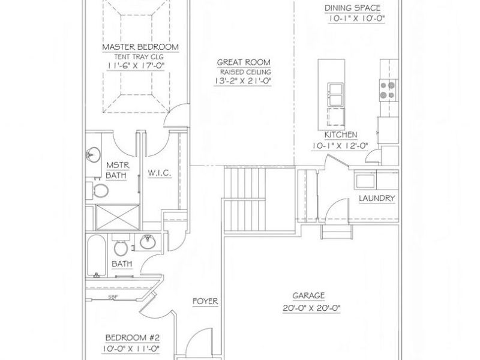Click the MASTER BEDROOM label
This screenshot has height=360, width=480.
[x=140, y=47]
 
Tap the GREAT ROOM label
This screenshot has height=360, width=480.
[x=244, y=62]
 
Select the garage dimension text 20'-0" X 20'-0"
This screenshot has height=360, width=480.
[x=311, y=308]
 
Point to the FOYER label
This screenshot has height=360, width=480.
[x=205, y=301]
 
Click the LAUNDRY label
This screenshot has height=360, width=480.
[x=377, y=199]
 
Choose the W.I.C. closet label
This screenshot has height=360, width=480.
[x=160, y=173]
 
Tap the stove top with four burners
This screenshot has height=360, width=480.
[x=387, y=90]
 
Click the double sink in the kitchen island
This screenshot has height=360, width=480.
[x=335, y=94]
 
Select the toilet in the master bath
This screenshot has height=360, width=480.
[x=99, y=190]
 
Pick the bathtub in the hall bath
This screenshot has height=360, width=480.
[x=96, y=256]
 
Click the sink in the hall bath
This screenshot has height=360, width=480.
[x=148, y=242]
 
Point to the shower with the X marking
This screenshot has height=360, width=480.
[x=118, y=217]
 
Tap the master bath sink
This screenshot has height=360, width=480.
[x=93, y=154]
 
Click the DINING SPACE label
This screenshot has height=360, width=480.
[x=352, y=8]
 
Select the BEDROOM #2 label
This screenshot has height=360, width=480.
[x=132, y=338]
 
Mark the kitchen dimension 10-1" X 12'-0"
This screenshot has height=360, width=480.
[x=340, y=146]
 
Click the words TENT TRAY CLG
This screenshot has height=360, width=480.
[x=139, y=57]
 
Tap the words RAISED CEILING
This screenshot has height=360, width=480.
[x=245, y=72]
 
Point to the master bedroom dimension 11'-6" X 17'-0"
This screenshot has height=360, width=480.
[x=136, y=65]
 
